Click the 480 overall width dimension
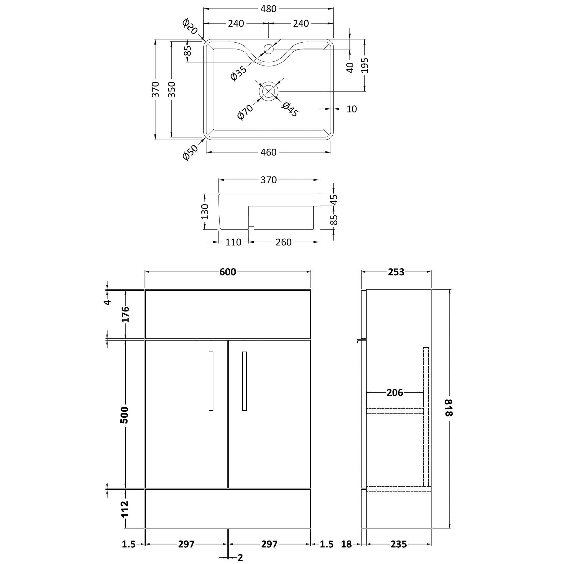269,9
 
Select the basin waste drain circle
269,91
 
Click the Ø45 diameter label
290,109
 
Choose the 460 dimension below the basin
269,152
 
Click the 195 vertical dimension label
364,65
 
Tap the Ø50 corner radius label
191,152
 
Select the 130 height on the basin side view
204,211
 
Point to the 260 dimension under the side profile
284,242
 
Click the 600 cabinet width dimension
227,272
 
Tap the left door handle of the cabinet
211,381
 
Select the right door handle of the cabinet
244,381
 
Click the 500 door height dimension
125,415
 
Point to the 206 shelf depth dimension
394,392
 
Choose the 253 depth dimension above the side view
396,272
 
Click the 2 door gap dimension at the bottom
240,557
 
